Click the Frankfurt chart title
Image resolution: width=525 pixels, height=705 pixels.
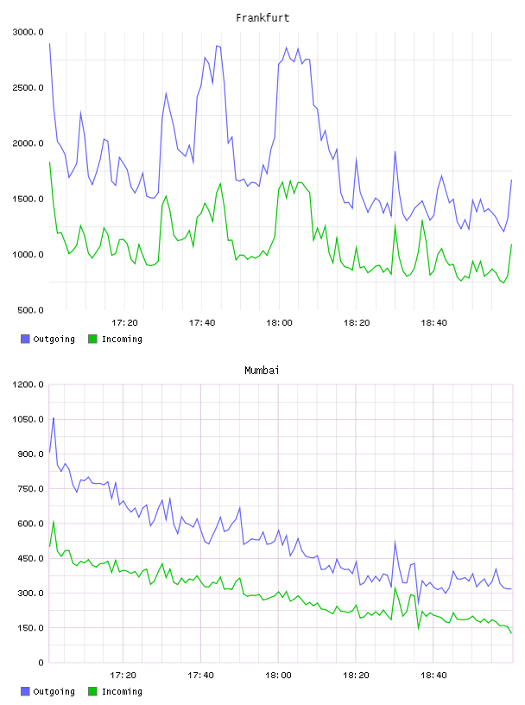click(x=262, y=17)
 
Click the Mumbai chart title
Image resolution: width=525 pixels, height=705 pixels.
click(x=262, y=370)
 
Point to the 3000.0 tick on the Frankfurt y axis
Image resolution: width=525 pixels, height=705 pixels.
click(x=28, y=32)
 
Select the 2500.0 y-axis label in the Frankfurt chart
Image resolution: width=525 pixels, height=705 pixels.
click(x=28, y=87)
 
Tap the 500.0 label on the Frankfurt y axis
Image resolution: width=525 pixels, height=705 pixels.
click(x=30, y=310)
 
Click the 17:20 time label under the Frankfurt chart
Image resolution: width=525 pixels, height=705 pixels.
click(x=124, y=323)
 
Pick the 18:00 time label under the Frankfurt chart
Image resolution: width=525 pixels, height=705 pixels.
click(x=279, y=323)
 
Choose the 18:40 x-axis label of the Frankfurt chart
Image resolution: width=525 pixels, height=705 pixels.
click(x=433, y=323)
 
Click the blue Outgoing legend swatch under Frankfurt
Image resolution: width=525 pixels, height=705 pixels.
click(x=25, y=339)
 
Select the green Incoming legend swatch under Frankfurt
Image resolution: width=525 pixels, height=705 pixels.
click(x=92, y=339)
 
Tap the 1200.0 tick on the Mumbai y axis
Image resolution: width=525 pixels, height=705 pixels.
click(x=28, y=384)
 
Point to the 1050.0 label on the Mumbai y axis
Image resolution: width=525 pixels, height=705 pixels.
click(x=28, y=420)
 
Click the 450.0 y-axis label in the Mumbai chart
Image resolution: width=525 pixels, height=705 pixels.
click(x=30, y=558)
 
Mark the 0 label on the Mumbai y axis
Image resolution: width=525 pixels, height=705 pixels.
click(x=41, y=663)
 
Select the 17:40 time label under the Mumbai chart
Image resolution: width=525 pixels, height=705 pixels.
click(x=200, y=676)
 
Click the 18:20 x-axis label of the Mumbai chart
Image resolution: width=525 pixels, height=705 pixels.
click(x=356, y=676)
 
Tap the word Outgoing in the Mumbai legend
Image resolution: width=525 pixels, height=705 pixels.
click(x=54, y=691)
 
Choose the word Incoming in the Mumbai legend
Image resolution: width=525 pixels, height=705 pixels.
click(x=122, y=691)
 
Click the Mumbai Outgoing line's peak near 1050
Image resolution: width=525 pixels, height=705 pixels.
click(x=54, y=418)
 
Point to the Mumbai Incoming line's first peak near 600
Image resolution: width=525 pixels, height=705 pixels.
click(x=54, y=522)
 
